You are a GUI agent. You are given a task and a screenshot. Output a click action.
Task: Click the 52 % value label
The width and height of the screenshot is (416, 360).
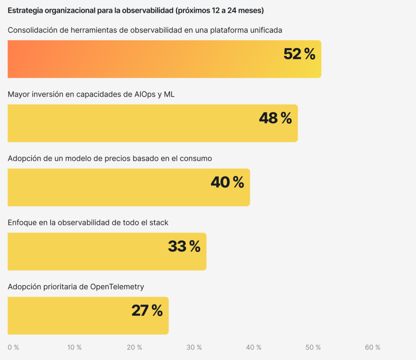[299, 55]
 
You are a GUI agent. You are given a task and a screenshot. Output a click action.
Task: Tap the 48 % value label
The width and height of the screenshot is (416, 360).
[275, 118]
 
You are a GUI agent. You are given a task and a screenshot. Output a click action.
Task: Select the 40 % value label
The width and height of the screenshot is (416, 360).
[227, 183]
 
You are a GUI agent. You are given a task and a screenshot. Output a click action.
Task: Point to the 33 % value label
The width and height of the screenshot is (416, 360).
[184, 247]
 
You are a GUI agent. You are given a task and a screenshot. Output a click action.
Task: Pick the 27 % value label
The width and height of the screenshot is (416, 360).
[147, 311]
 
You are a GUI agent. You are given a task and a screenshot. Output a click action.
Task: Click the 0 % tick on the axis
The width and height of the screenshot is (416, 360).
[13, 348]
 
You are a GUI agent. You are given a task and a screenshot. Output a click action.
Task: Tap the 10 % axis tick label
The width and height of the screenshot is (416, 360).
[74, 348]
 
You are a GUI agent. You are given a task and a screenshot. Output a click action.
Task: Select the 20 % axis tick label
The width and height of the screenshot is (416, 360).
[134, 348]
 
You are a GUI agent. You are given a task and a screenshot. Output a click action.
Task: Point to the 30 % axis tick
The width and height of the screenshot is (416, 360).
[194, 348]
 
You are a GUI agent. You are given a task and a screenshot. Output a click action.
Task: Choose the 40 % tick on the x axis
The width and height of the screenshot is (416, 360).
[254, 348]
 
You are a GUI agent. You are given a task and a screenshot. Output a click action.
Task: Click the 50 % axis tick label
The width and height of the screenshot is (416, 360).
[313, 348]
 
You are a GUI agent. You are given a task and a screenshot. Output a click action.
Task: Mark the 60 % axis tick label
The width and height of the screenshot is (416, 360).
[373, 348]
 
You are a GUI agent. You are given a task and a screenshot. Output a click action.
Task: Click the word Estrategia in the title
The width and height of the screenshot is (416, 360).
[26, 10]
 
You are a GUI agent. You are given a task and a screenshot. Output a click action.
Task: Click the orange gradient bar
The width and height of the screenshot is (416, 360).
[139, 59]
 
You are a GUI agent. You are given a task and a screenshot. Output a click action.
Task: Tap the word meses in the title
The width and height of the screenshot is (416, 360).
[249, 10]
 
